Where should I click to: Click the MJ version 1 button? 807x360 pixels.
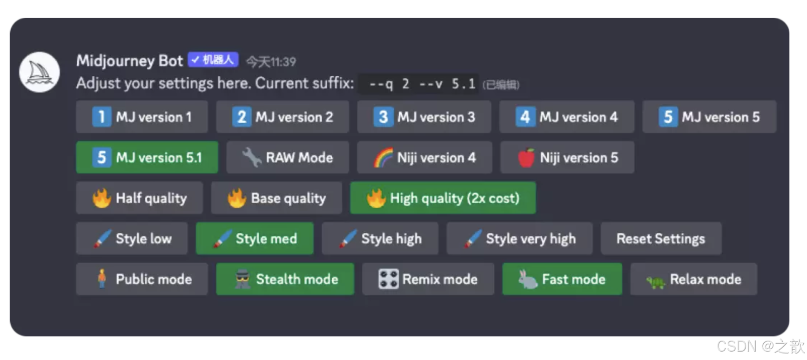coord(142,117)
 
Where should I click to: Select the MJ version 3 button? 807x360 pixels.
coord(424,117)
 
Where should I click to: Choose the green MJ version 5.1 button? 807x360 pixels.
coord(147,157)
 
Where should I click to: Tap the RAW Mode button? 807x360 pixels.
coord(288,157)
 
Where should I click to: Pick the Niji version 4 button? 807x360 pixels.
coord(424,157)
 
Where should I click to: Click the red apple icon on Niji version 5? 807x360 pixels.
coord(526,158)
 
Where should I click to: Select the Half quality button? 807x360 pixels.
coord(140,198)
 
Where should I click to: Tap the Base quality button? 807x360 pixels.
coord(276,198)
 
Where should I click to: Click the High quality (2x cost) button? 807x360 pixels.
coord(443,198)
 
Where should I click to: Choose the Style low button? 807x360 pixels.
coord(132,239)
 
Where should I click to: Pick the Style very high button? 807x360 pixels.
coord(520,239)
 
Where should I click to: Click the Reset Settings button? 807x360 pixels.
coord(661,239)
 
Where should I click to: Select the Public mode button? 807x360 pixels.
coord(142,279)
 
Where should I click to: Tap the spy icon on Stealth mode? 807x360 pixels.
coord(242,279)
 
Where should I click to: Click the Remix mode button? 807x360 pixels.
coord(428,279)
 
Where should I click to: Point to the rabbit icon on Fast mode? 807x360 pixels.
coord(528,279)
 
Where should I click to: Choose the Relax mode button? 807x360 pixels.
coord(694,279)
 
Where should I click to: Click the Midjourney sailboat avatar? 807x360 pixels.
coord(40,72)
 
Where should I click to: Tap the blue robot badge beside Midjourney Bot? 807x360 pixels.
coord(213,60)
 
